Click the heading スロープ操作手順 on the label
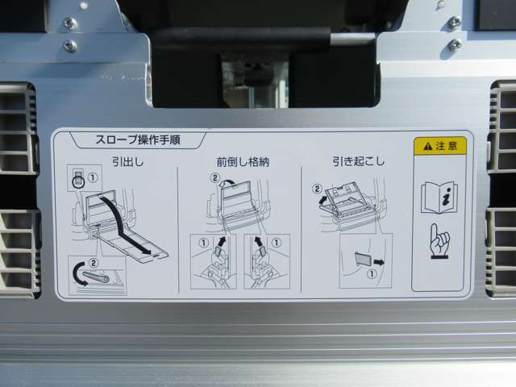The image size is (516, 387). pyautogui.click(x=135, y=140)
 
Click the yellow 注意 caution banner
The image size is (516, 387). pyautogui.click(x=439, y=146)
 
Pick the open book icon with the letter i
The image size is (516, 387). pyautogui.click(x=439, y=197)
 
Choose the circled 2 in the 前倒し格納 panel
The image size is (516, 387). pyautogui.click(x=214, y=177)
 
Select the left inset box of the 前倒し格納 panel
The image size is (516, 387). pyautogui.click(x=214, y=260)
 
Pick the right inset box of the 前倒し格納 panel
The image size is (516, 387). pyautogui.click(x=265, y=260)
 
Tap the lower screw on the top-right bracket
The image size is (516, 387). pyautogui.click(x=455, y=44)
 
